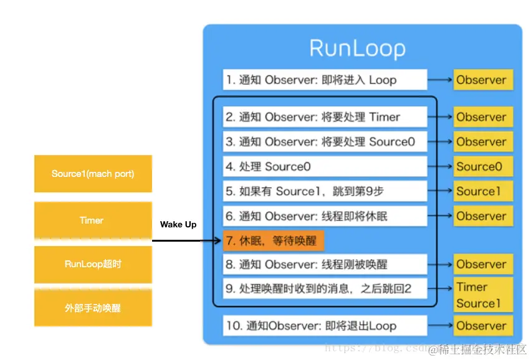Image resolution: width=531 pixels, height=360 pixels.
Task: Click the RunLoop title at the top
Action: (357, 49)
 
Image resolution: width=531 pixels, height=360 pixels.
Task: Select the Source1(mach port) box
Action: (93, 174)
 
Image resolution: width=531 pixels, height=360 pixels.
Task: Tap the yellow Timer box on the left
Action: (93, 220)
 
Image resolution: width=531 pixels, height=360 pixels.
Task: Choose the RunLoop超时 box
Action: (93, 264)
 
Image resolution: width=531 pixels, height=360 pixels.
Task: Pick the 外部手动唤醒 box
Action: (93, 308)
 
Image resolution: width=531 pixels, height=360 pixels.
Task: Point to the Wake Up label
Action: (178, 224)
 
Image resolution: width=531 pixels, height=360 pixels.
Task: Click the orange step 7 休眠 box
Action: (274, 240)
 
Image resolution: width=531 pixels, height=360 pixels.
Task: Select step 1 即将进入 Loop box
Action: (325, 80)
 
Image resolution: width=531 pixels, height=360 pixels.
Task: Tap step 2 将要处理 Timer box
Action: (325, 117)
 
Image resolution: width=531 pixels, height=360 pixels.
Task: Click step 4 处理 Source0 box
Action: (325, 166)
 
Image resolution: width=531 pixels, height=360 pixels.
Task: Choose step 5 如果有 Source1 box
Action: (325, 191)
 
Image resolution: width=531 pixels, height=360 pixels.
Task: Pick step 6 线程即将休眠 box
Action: (325, 216)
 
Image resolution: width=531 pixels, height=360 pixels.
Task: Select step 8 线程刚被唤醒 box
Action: (325, 264)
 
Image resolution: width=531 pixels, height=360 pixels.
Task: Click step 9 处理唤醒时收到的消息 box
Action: (325, 289)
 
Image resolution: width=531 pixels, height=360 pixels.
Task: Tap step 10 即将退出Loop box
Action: (325, 326)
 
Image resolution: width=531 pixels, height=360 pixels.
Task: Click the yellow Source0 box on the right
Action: (483, 166)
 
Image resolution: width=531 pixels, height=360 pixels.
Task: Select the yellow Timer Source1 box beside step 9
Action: (483, 295)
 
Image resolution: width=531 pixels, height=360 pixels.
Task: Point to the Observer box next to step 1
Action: (483, 80)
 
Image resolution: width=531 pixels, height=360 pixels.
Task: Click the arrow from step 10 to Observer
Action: (440, 326)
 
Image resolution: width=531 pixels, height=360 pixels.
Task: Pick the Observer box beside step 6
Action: (483, 216)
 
